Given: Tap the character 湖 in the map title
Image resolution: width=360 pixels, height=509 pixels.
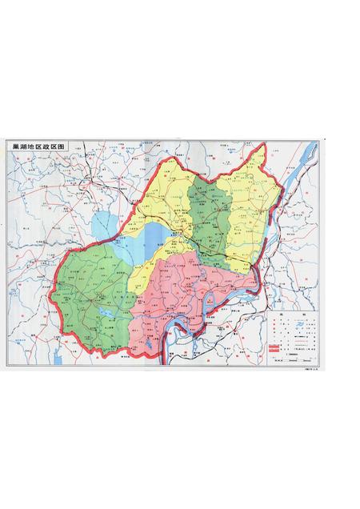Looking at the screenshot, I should pos(22,148).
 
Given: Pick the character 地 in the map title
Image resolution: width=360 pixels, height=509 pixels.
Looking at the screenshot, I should pos(30,148).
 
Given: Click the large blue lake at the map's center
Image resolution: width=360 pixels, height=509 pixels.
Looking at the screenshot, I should pos(157,236).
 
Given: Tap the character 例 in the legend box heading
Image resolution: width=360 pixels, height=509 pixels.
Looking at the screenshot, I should pos(302,315).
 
